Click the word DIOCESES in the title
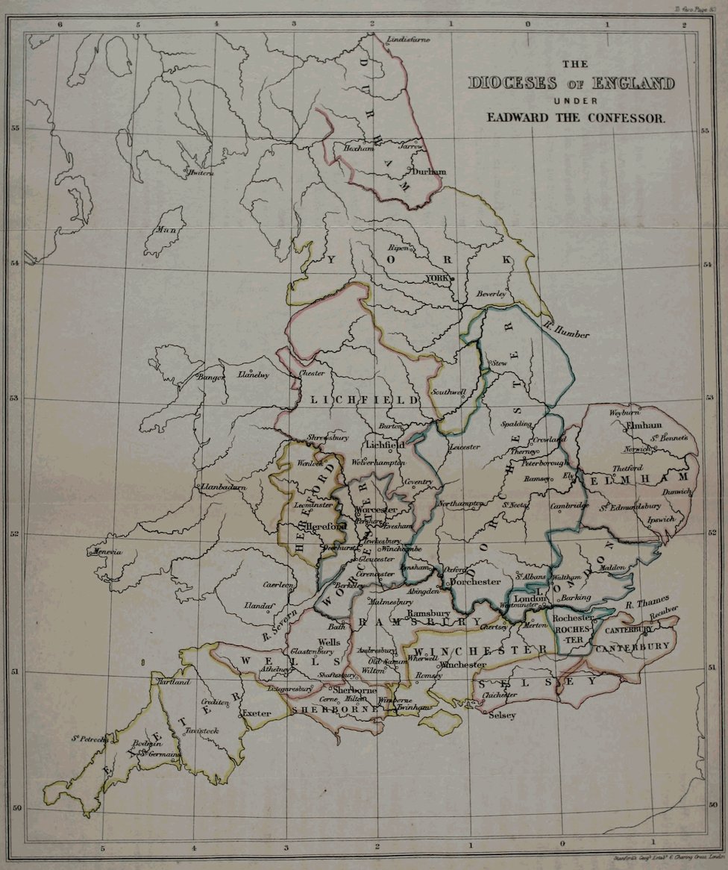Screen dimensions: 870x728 (x=508, y=82)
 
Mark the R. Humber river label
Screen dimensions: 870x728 (x=567, y=329)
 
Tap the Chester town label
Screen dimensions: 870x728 (x=311, y=372)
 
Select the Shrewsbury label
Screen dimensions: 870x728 (x=328, y=436)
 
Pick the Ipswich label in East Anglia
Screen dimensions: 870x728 (x=661, y=518)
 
